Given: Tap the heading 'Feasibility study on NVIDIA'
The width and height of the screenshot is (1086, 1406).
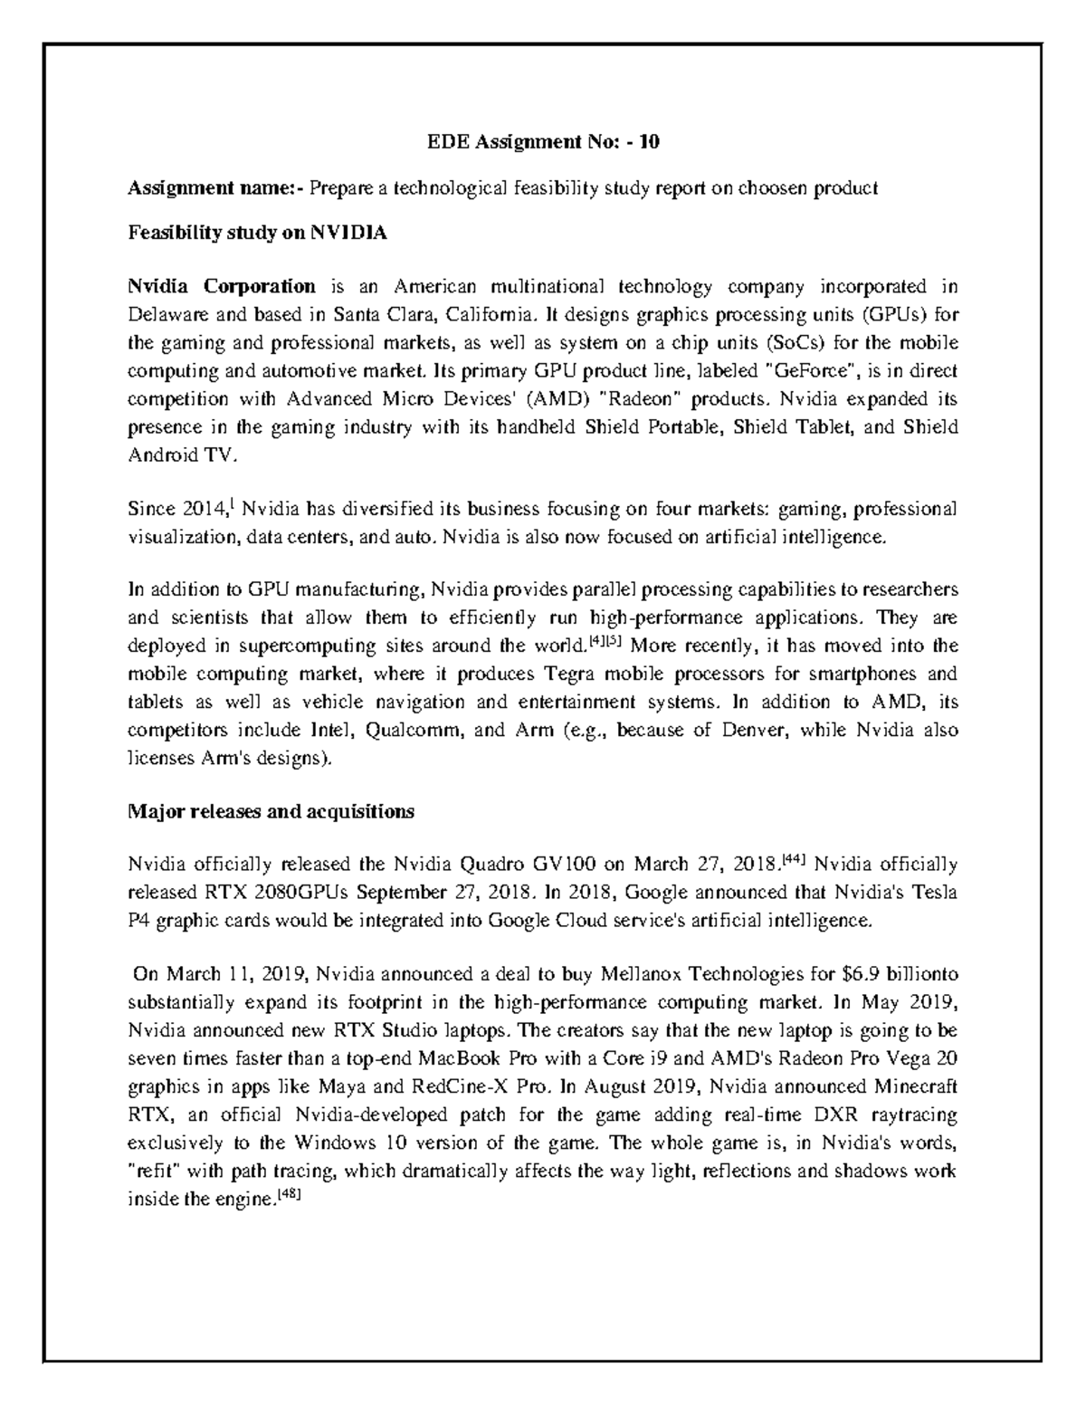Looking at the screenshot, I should (x=257, y=234).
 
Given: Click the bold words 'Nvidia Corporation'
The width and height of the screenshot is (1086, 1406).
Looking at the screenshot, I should (x=222, y=287).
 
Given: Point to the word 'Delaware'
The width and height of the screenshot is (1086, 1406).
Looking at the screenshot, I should (x=163, y=315).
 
